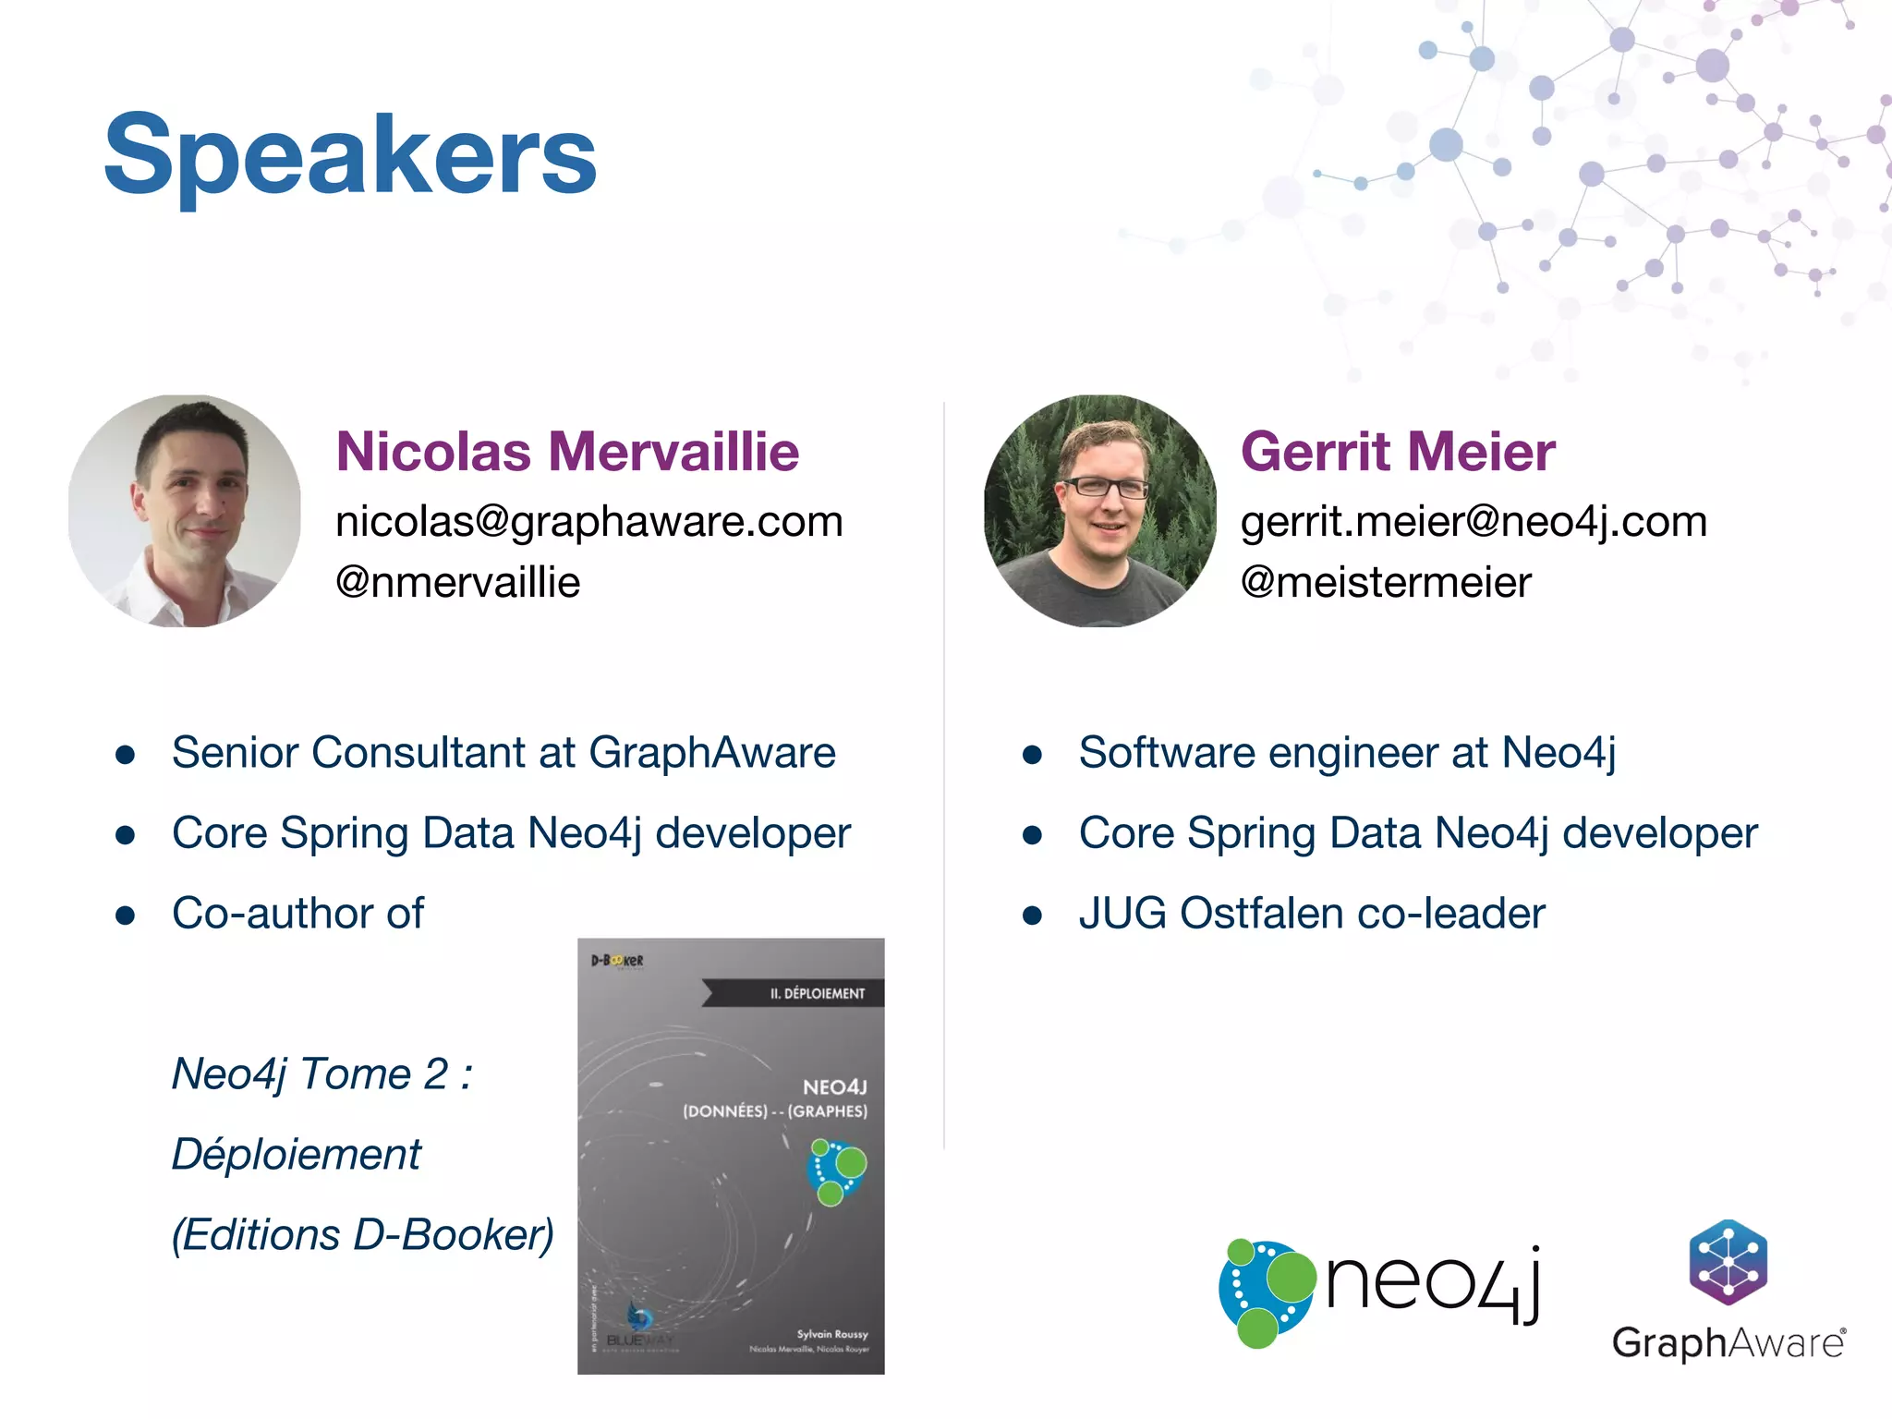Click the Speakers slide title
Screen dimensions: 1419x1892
coord(350,155)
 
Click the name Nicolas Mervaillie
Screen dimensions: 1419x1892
coord(567,452)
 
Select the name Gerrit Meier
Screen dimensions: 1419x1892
coord(1398,452)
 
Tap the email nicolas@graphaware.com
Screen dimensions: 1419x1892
coord(589,522)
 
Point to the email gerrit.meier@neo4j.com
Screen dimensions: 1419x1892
coord(1474,522)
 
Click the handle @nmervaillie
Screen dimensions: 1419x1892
coord(458,582)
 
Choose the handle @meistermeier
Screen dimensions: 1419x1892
coord(1386,582)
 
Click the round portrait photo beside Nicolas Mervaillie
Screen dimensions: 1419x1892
coord(185,511)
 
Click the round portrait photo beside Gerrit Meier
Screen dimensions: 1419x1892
coord(1099,511)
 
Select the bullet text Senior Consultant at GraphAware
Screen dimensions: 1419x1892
coord(503,752)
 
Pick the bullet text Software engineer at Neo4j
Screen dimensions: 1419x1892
coord(1347,752)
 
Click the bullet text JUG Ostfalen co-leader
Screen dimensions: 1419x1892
coord(1312,914)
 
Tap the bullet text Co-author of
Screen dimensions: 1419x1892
coord(297,914)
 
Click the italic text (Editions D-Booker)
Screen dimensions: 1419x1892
coord(363,1235)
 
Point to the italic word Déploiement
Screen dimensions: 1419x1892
coord(297,1155)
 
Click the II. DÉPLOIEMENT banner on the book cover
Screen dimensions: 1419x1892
coord(817,993)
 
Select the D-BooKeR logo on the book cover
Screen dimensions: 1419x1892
coord(617,961)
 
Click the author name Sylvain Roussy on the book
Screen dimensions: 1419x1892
coord(832,1334)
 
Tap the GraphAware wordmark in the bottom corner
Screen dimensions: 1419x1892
coord(1728,1342)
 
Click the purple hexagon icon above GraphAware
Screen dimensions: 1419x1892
coord(1728,1262)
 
